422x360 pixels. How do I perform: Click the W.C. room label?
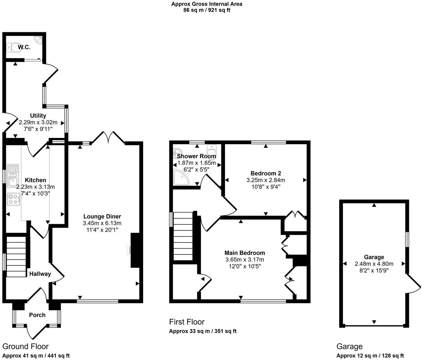tap(24, 47)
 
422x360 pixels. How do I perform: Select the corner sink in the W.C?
tap(38, 40)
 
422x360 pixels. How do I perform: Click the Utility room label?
tap(38, 116)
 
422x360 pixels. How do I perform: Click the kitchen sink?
tap(13, 176)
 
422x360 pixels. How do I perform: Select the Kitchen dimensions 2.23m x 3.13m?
tap(35, 187)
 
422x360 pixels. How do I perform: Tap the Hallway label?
tap(40, 274)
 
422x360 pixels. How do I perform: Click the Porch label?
tap(37, 315)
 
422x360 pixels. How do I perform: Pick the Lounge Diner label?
tap(102, 217)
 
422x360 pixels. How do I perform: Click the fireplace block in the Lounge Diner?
tap(135, 250)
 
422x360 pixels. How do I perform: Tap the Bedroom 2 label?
tap(266, 173)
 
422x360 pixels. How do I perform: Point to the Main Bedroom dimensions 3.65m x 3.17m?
tap(244, 260)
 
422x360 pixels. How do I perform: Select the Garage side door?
tap(414, 284)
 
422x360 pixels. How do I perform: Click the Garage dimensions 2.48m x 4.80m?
tap(374, 264)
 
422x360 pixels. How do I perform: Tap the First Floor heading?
tap(187, 322)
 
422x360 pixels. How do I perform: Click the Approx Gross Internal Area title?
tap(207, 4)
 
